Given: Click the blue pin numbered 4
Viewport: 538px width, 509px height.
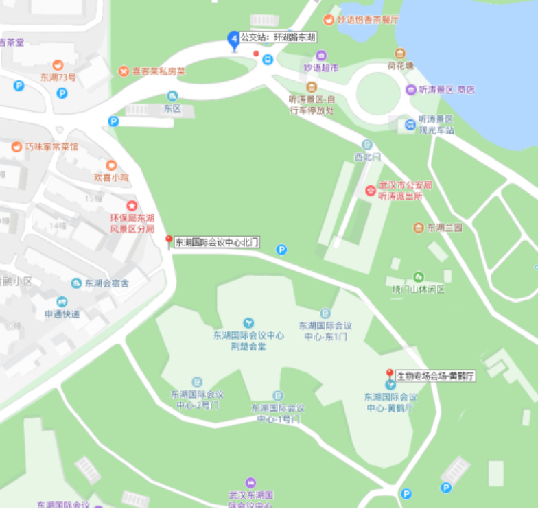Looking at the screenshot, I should click(233, 40).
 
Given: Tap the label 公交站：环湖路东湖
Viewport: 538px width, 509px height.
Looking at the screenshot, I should click(277, 38).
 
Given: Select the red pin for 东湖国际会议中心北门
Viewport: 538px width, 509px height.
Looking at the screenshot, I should click(169, 241).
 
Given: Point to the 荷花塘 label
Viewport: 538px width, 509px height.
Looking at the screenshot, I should click(400, 66).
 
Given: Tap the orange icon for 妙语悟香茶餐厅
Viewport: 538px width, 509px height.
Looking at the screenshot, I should click(329, 20).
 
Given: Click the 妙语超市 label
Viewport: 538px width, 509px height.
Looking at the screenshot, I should click(321, 68).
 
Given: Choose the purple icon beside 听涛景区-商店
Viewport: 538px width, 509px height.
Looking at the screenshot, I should click(411, 90).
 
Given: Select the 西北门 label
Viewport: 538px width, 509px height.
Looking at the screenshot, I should click(366, 157).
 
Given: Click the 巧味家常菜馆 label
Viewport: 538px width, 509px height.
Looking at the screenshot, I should click(51, 147).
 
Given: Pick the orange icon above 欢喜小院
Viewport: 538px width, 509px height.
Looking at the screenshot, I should click(111, 165).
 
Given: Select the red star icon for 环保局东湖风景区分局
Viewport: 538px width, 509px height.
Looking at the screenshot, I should click(132, 205).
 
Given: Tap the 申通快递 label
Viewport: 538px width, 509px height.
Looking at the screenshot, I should click(62, 314).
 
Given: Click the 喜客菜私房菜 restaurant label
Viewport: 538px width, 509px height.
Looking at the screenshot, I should click(159, 71).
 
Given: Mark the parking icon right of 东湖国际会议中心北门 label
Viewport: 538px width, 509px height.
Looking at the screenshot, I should click(281, 250).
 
